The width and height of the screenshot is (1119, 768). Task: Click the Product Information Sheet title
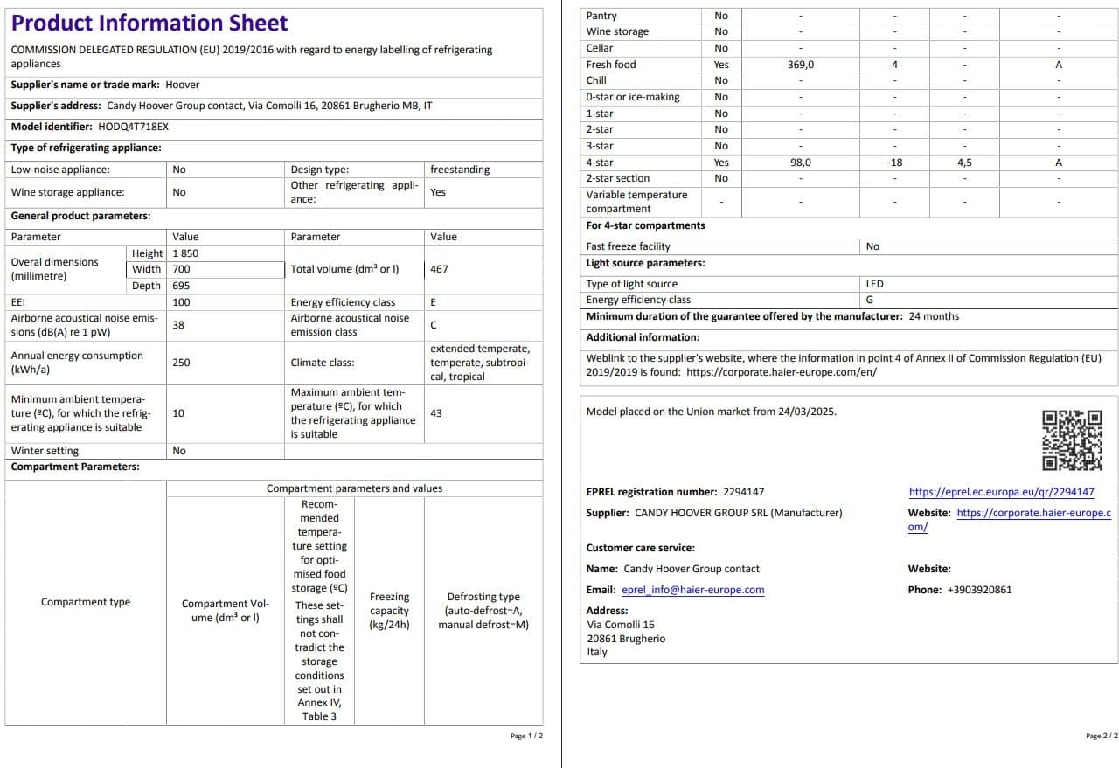tap(149, 24)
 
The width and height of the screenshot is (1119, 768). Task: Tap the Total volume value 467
tap(439, 269)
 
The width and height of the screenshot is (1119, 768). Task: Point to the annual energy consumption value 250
tap(181, 363)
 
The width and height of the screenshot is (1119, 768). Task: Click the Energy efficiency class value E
tap(434, 302)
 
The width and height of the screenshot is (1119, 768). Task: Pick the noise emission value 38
tap(178, 324)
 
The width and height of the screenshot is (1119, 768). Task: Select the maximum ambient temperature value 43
tap(436, 413)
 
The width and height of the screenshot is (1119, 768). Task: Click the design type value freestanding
tap(460, 170)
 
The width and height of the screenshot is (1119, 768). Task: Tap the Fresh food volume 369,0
tap(800, 65)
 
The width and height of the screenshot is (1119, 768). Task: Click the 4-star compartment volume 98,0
tap(800, 163)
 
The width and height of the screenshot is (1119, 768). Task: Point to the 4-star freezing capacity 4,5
tap(964, 163)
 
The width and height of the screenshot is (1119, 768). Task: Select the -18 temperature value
tap(894, 163)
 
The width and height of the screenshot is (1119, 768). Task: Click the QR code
tap(1072, 440)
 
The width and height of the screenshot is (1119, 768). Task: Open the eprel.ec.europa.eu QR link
tap(1001, 492)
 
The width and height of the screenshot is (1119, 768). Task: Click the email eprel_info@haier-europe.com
tap(692, 590)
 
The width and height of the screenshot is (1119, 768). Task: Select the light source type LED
tap(874, 284)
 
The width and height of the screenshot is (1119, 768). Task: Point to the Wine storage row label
tap(617, 31)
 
